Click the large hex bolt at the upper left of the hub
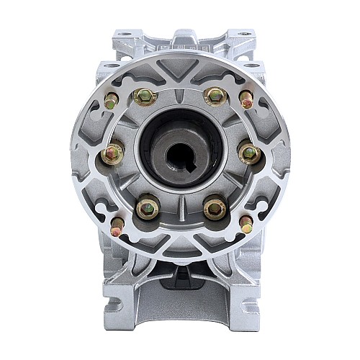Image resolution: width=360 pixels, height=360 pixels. pos(145,96)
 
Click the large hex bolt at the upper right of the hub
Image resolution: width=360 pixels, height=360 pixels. pos(215,96)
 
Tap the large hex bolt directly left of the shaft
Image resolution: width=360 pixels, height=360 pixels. pos(113,153)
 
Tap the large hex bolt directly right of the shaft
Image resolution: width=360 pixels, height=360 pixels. pos(248,153)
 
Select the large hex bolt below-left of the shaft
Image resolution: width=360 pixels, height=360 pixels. pos(148,208)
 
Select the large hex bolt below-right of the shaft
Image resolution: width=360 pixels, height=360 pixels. pos(214,209)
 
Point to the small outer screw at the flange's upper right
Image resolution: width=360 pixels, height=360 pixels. pos(246,99)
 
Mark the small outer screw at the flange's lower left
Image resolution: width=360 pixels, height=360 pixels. pos(117,225)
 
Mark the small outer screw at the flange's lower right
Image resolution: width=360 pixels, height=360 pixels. pos(246,224)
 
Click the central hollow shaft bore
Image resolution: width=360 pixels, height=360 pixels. pos(180,150)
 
